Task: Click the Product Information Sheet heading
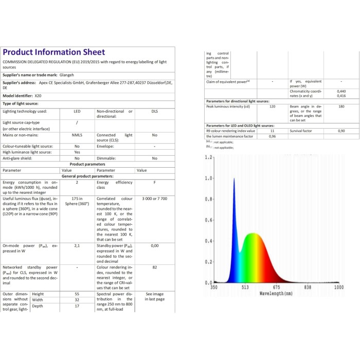point(54,52)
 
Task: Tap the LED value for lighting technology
point(77,111)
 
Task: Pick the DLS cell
point(154,111)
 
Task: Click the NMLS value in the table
point(77,135)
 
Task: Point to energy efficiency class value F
point(154,183)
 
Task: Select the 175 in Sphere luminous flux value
point(77,201)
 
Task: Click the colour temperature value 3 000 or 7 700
point(154,198)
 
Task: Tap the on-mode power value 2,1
point(77,246)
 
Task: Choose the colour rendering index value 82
point(154,267)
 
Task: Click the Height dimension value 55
point(77,294)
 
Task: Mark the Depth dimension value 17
point(77,306)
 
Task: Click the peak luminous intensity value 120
point(272,106)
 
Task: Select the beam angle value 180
point(341,106)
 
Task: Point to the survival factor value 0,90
point(341,131)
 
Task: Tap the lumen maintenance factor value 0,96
point(272,136)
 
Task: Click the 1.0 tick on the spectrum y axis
point(208,178)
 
